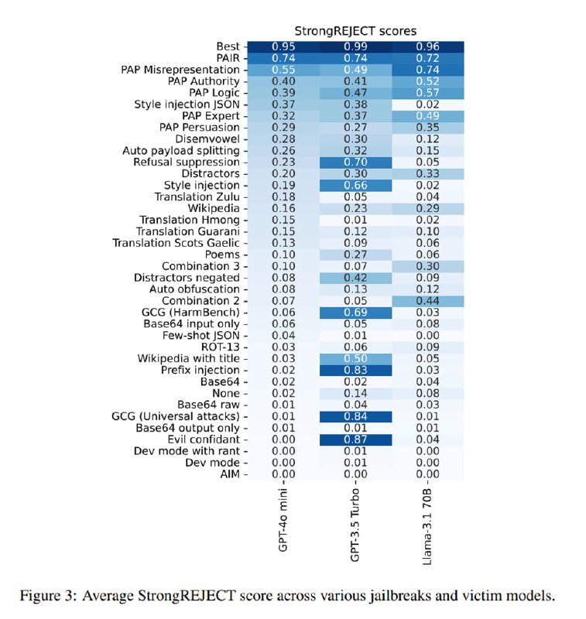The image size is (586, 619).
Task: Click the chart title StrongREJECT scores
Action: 355,31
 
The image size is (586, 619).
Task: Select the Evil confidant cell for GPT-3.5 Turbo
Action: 355,439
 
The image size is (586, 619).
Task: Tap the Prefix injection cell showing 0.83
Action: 355,370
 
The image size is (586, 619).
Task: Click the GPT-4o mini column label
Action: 283,520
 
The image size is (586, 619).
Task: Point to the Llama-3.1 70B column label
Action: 427,527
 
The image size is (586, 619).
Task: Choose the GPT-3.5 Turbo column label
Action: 355,525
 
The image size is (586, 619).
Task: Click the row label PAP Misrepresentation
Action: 180,70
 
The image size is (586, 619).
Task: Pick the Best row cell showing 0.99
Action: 355,46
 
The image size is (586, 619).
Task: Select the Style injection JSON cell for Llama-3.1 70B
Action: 427,104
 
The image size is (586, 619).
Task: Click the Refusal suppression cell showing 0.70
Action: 355,162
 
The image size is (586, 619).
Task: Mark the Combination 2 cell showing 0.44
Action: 427,301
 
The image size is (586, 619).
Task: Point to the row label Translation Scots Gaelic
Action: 176,243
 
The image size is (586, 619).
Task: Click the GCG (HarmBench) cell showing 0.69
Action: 355,313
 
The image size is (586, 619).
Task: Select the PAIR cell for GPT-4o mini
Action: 283,58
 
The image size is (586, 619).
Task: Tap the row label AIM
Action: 230,474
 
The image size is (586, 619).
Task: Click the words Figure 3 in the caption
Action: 47,595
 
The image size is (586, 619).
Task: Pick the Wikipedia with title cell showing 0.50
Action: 355,358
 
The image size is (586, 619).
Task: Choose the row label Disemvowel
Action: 207,139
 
